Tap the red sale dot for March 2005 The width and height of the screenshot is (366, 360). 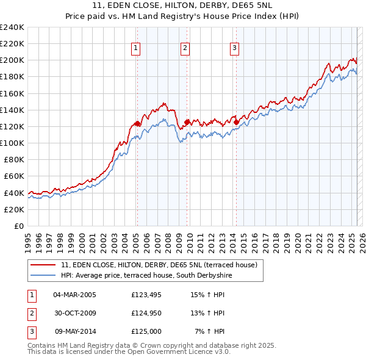pos(137,123)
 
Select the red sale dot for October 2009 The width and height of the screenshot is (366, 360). pos(187,121)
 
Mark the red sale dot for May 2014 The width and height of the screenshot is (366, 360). pos(236,122)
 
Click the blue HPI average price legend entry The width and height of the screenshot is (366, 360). pos(146,276)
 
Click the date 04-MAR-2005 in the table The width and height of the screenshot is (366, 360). pos(74,295)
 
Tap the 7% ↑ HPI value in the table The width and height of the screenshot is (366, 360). pos(210,331)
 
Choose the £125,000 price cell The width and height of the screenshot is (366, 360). pos(146,331)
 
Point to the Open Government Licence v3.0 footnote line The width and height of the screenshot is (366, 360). pos(129,352)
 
